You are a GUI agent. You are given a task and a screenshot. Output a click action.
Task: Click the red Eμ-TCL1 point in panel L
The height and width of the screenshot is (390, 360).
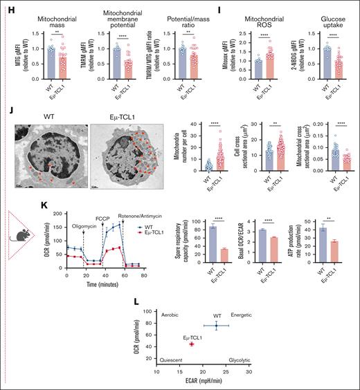click(x=192, y=344)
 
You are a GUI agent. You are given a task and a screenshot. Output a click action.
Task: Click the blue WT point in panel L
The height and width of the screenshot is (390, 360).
click(x=216, y=326)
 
